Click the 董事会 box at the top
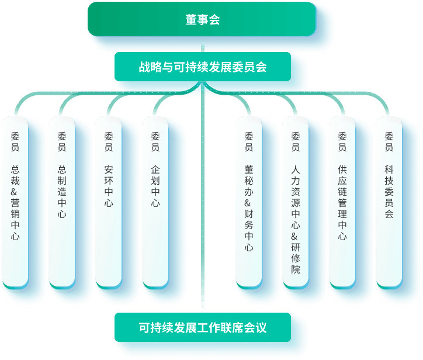pyautogui.click(x=202, y=20)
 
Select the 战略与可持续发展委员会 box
pyautogui.click(x=202, y=67)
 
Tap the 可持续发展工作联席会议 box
pyautogui.click(x=202, y=327)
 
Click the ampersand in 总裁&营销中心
pyautogui.click(x=15, y=191)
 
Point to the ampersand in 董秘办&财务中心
pyautogui.click(x=249, y=203)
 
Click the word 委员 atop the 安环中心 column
pyautogui.click(x=109, y=140)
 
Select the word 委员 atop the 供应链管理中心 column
pyautogui.click(x=342, y=140)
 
